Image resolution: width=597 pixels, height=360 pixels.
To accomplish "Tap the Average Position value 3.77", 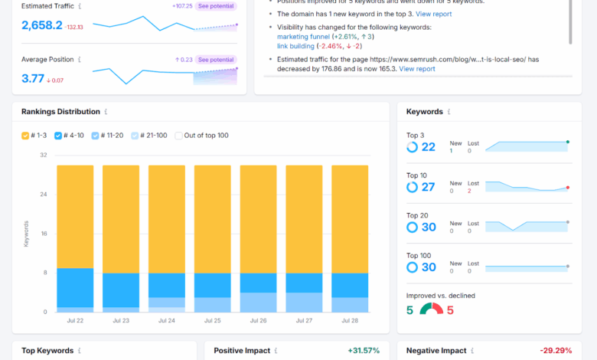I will coord(32,78).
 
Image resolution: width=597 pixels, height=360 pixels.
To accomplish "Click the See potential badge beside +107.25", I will coord(217,6).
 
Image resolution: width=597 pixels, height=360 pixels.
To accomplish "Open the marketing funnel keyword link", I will coord(304,37).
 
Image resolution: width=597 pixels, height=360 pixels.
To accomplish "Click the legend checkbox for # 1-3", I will coord(26,136).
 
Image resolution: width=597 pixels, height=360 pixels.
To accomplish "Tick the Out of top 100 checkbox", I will coord(179,136).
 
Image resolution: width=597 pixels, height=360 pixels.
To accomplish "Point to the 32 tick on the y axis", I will coord(43,155).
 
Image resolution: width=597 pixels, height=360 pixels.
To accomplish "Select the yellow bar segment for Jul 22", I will coord(75,216).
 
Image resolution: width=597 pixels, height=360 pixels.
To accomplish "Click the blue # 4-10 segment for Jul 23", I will coord(121,290).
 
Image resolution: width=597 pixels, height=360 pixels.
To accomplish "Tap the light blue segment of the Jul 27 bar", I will coord(304,303).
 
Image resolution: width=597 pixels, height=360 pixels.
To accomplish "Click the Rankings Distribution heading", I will coord(59,112).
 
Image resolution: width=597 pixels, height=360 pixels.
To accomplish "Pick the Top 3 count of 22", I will coord(428,147).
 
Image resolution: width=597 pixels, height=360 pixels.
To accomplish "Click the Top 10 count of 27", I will coord(428,187).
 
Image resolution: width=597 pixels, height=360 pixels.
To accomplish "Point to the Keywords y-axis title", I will coord(26,233).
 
